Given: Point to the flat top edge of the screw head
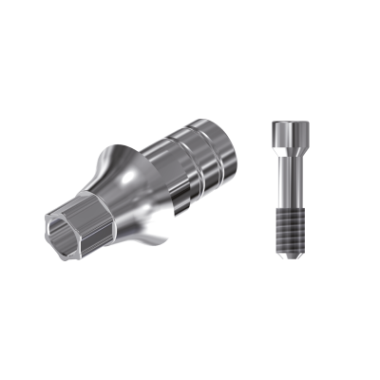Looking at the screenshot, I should pos(288,123).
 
